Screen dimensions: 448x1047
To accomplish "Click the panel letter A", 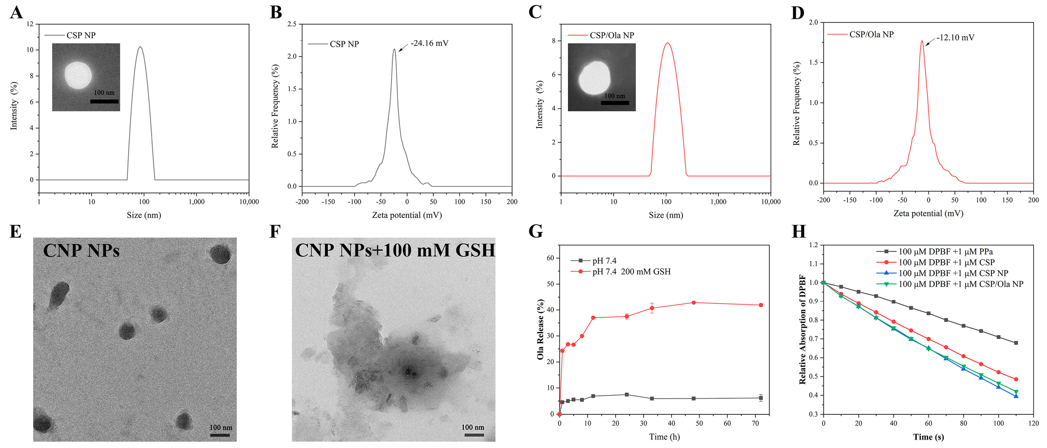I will click(x=16, y=12).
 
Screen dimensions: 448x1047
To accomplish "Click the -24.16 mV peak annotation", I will click(x=429, y=43).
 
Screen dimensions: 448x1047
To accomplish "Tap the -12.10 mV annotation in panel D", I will click(x=955, y=37).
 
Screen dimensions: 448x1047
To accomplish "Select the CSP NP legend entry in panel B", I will click(x=344, y=44).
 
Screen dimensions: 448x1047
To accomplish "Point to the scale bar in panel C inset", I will click(x=615, y=103).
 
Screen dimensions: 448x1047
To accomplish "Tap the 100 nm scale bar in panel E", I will click(x=220, y=435).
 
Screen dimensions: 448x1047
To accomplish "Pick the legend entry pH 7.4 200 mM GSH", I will click(x=631, y=271).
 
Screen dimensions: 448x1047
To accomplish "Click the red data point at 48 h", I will click(x=693, y=303).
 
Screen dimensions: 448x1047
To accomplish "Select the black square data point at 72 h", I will click(x=760, y=398).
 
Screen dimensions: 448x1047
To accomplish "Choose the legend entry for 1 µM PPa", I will click(x=945, y=252).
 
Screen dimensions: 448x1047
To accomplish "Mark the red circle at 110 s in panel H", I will click(x=1016, y=379).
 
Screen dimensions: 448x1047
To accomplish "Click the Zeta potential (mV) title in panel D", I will click(x=928, y=213).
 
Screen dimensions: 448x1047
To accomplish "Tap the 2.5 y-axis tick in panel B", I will click(x=292, y=24).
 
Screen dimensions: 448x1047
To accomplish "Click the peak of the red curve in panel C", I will click(x=667, y=43).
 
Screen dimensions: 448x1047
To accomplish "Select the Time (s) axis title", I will click(x=928, y=437).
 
